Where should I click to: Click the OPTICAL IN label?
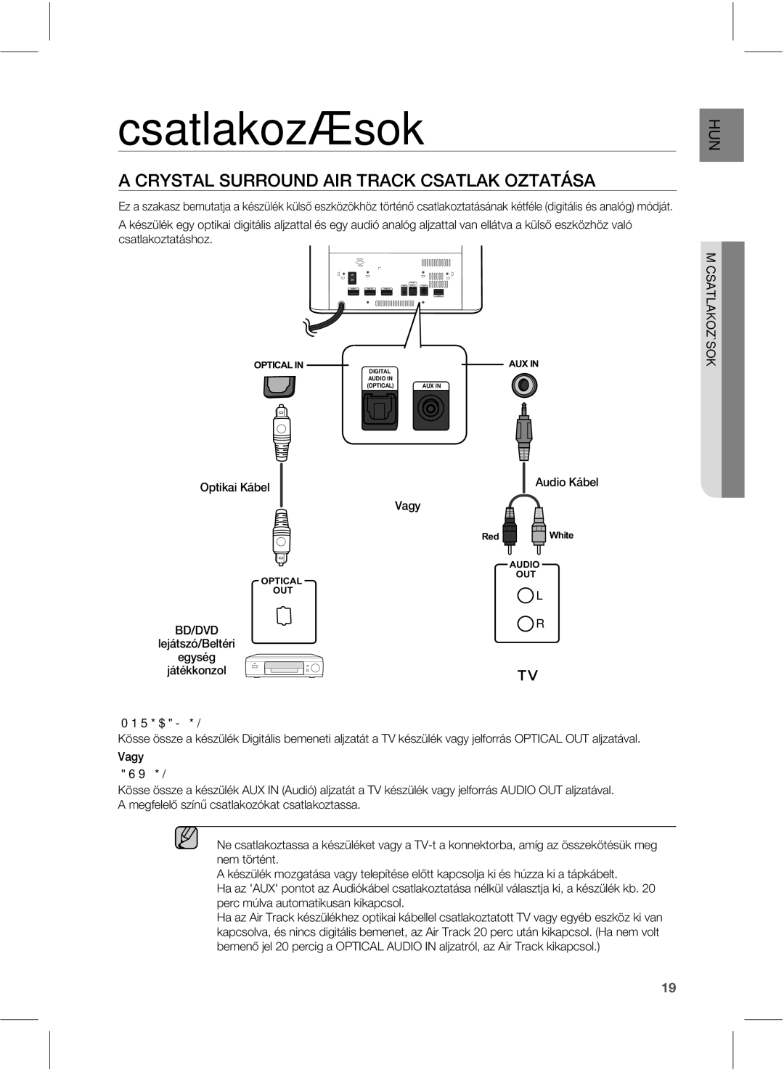(278, 365)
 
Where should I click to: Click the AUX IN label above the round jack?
(523, 364)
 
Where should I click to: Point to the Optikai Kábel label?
(234, 487)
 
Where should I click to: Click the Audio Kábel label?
(566, 482)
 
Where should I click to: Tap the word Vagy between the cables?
(407, 505)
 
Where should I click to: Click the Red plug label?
(491, 536)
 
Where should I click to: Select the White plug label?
(561, 535)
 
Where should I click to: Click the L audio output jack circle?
(526, 595)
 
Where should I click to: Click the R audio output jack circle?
(526, 623)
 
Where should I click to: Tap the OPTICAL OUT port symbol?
(284, 616)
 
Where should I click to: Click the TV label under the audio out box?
(527, 676)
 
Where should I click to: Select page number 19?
(669, 987)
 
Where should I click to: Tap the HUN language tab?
(722, 134)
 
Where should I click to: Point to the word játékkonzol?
(197, 671)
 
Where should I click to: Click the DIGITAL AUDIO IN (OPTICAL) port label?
(380, 378)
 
